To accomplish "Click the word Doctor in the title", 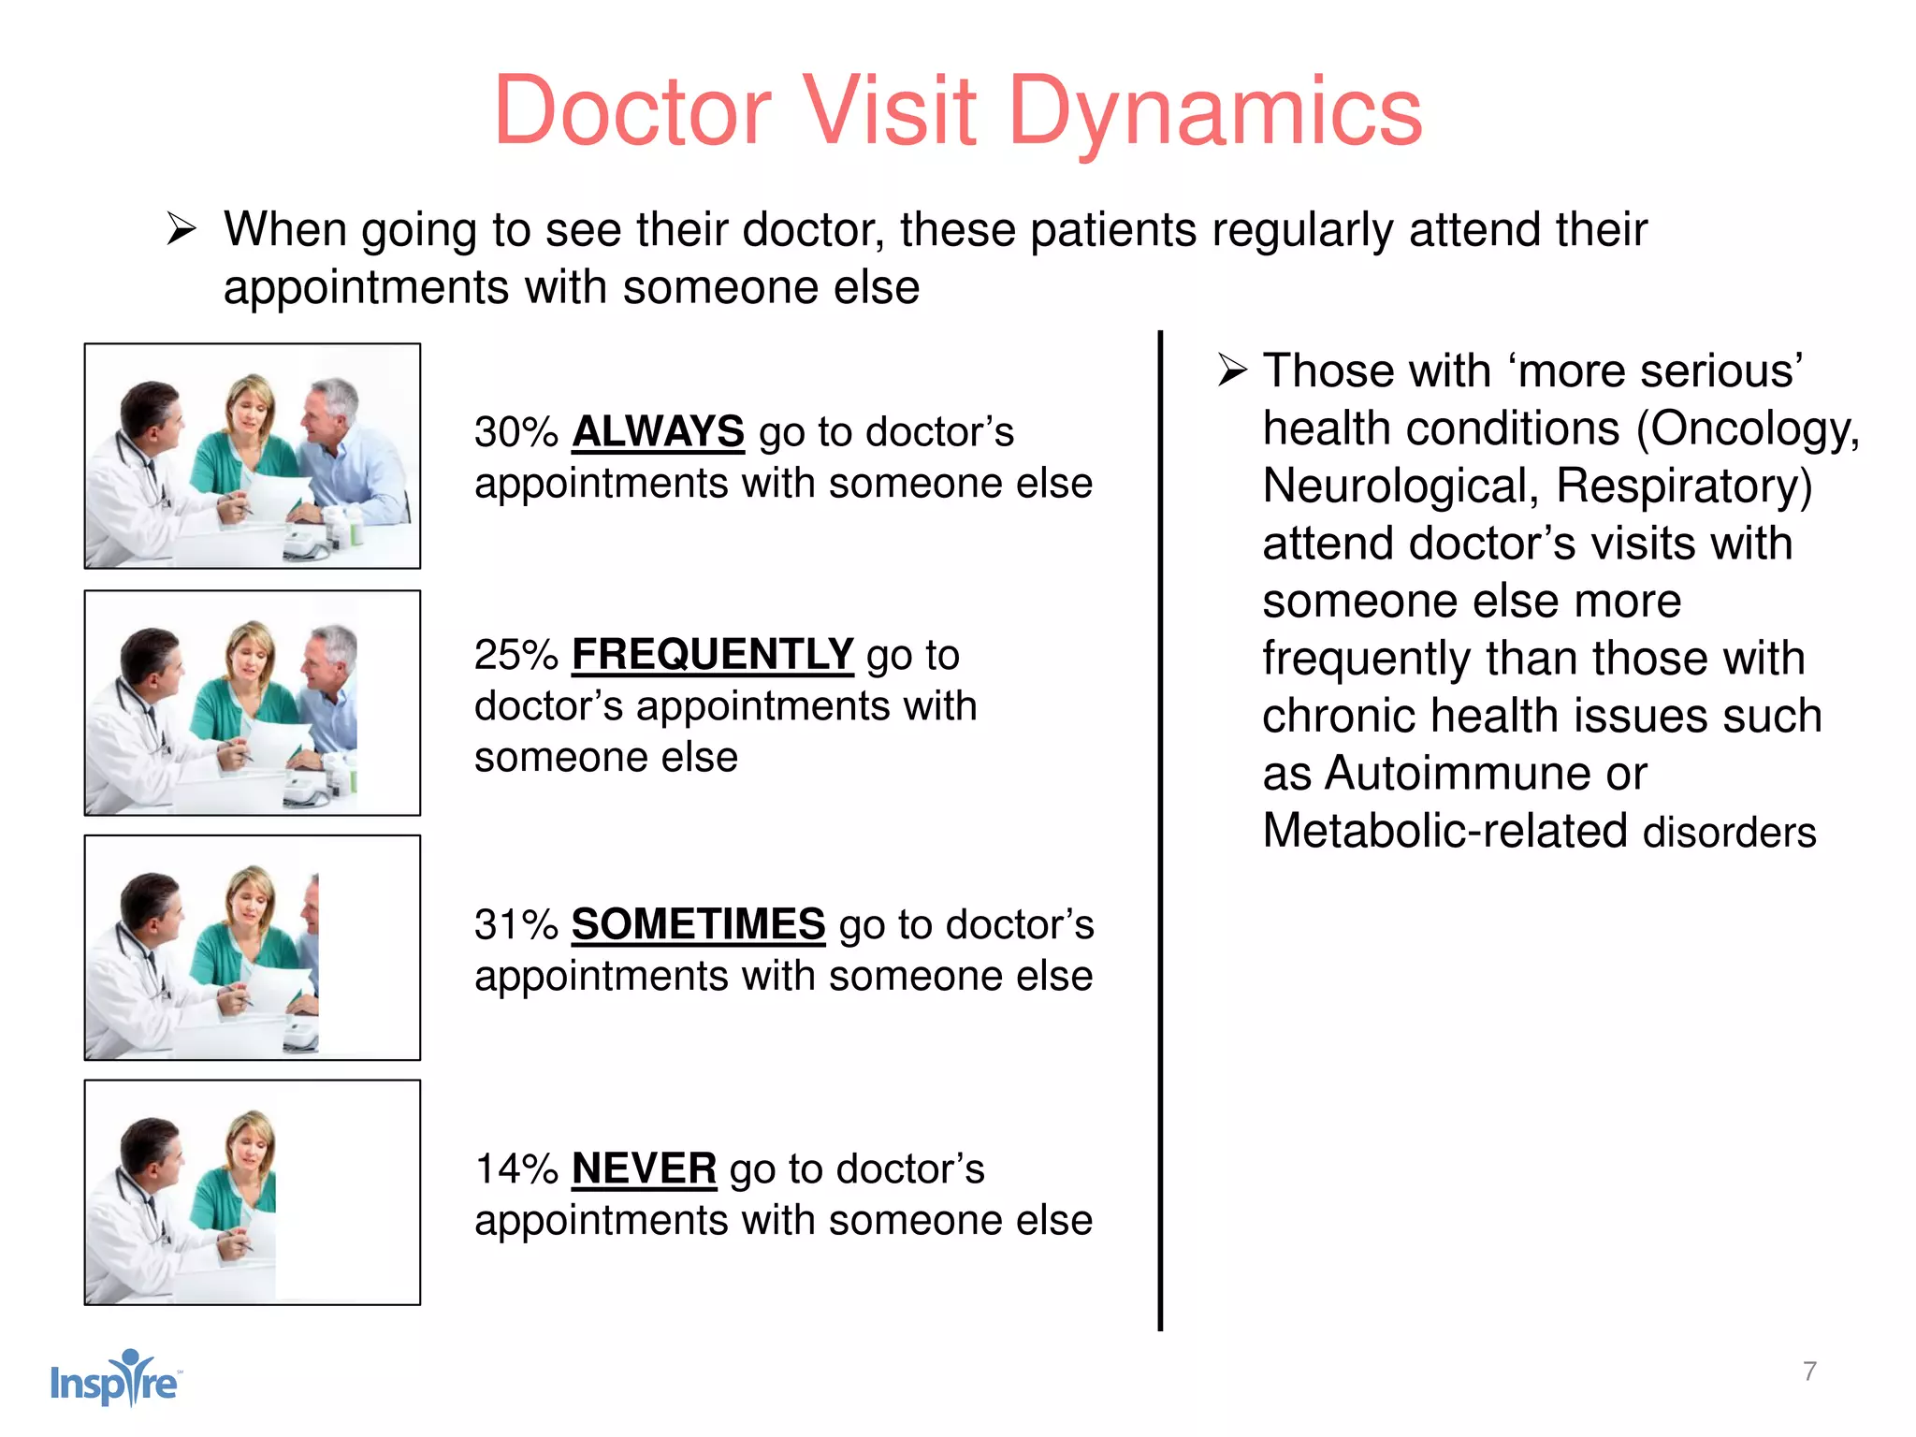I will (x=632, y=112).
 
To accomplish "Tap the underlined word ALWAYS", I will (x=658, y=432).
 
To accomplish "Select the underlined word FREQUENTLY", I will (x=712, y=655).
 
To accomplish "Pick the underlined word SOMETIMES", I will (x=698, y=924).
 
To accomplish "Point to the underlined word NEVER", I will (x=644, y=1169).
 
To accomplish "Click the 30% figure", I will (x=515, y=433).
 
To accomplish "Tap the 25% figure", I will (x=515, y=656).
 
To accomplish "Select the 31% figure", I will (x=515, y=925).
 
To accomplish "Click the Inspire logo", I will (x=115, y=1379).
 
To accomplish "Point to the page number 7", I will (x=1809, y=1372).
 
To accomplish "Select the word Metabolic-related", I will (x=1444, y=832).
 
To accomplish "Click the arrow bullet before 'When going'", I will (x=181, y=229).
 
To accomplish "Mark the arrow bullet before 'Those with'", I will (x=1232, y=370).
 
